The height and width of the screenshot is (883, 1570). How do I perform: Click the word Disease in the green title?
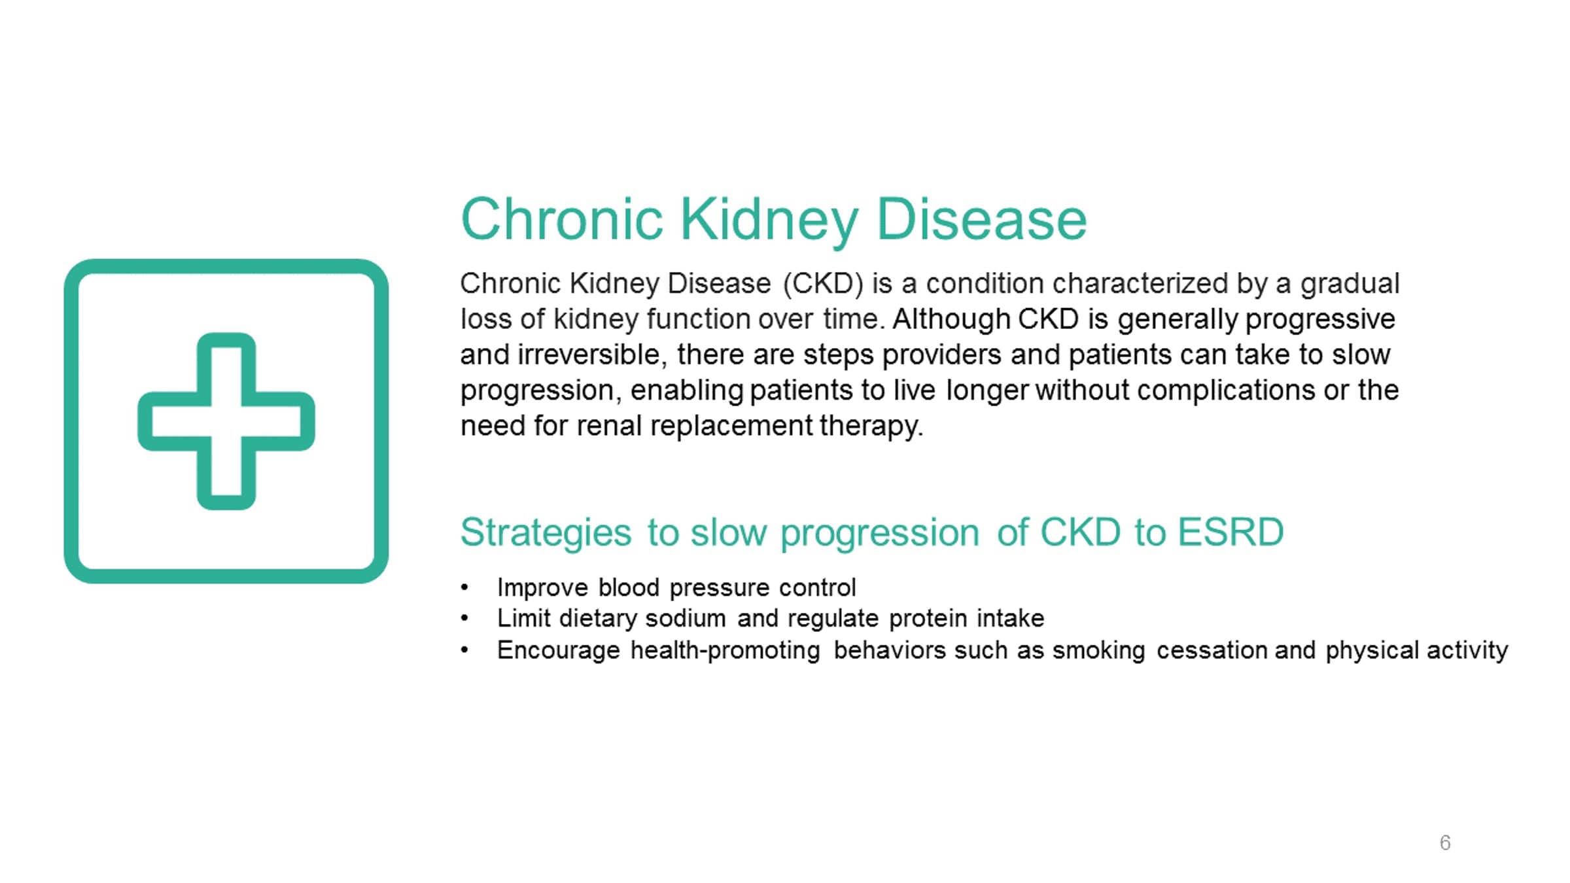[981, 220]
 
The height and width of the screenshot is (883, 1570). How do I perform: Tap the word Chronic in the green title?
[562, 220]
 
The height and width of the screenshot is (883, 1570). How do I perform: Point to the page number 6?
[1445, 842]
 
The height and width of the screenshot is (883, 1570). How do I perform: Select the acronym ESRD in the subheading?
[1230, 532]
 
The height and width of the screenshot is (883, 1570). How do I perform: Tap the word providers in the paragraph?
[941, 355]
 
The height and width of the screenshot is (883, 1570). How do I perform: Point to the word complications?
[1226, 390]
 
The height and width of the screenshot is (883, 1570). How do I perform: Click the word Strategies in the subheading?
[546, 533]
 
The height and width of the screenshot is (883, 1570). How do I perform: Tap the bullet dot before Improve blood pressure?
[464, 587]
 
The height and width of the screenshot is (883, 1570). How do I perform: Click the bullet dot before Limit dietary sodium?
[464, 618]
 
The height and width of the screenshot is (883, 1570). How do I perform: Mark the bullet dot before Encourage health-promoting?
[464, 650]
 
